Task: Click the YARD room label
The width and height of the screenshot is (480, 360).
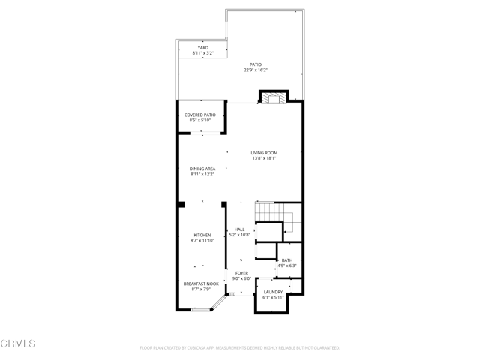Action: point(203,48)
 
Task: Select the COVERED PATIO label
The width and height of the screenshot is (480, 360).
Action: point(200,115)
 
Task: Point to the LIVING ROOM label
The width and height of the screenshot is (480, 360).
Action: point(264,153)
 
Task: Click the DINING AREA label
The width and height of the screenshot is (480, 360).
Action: point(202,169)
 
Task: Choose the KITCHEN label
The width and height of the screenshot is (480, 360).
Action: point(202,235)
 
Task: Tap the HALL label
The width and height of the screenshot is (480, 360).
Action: point(240,229)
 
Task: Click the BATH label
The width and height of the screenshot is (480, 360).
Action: point(287,260)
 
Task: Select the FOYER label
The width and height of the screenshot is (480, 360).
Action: point(241,273)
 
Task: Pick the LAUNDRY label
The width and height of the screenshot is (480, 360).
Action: point(273,292)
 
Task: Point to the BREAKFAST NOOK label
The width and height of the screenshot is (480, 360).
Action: point(201,283)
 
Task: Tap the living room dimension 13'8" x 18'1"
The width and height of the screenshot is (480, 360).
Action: point(264,159)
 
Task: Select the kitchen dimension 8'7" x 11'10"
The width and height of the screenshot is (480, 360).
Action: point(202,241)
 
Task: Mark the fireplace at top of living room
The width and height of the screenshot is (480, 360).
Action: point(272,98)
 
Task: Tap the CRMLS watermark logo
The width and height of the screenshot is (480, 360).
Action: point(19,343)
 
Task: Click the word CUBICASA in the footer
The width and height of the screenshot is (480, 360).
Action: point(215,348)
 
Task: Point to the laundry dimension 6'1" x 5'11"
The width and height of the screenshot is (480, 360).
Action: point(273,298)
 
